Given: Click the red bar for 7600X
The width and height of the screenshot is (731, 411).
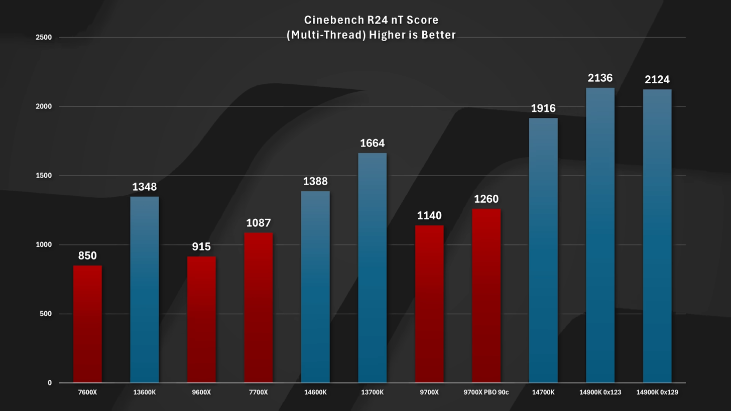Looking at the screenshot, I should pyautogui.click(x=87, y=324).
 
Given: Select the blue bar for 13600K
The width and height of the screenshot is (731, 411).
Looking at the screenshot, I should pyautogui.click(x=145, y=290).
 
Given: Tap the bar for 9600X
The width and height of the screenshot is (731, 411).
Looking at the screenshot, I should pyautogui.click(x=201, y=320).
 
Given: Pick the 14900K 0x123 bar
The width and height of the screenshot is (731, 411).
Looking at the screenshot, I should pyautogui.click(x=600, y=235).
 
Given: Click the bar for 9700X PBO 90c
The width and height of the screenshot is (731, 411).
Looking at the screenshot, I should pyautogui.click(x=486, y=296).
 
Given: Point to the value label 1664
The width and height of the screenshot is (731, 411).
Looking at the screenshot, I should pyautogui.click(x=372, y=143).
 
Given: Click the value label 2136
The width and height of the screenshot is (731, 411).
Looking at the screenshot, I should pyautogui.click(x=600, y=78).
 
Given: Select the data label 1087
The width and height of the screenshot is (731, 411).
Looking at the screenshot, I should pyautogui.click(x=258, y=223).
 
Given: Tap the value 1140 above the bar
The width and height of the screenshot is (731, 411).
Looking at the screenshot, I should pyautogui.click(x=429, y=215).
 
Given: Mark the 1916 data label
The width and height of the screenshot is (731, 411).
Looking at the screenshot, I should pyautogui.click(x=543, y=108).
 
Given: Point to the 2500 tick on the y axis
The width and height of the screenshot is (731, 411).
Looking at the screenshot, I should pyautogui.click(x=44, y=37).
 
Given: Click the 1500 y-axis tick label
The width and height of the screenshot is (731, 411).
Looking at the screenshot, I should pyautogui.click(x=44, y=176).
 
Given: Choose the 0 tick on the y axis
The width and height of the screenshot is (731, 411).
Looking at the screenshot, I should pyautogui.click(x=49, y=383).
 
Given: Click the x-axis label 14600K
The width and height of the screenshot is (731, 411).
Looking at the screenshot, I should pyautogui.click(x=315, y=392).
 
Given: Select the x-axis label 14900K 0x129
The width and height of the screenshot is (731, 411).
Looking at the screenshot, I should pyautogui.click(x=657, y=392).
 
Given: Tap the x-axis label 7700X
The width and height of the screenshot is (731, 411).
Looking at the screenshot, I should pyautogui.click(x=258, y=392).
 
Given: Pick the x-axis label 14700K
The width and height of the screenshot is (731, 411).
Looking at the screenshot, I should pyautogui.click(x=543, y=392).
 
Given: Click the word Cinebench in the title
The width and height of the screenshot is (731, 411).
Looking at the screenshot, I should pyautogui.click(x=329, y=20).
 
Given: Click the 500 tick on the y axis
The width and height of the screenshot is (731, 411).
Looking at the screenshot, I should pyautogui.click(x=46, y=314).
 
